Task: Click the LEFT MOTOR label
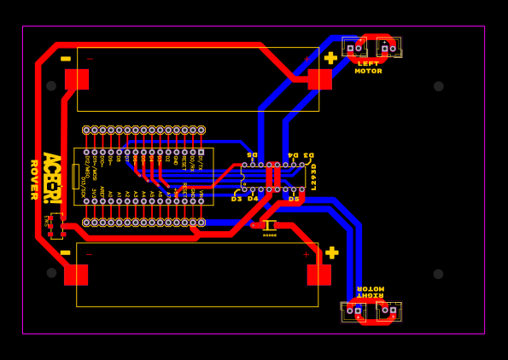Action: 368,67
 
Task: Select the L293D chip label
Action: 313,177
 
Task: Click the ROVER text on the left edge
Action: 34,180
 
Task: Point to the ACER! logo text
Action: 50,177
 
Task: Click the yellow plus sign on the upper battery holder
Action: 330,58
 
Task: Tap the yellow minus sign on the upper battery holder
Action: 66,59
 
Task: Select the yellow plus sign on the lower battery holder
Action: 331,253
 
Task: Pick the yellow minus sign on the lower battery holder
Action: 66,253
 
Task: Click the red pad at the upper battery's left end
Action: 77,79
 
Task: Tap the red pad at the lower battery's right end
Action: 318,275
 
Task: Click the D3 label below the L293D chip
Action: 236,199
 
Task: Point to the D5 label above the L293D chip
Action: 252,154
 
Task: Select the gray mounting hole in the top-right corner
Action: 439,86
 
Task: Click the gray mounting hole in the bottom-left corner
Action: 51,273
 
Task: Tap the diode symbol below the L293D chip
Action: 269,225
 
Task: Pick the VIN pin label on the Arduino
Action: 201,195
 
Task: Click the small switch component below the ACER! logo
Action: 55,225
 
